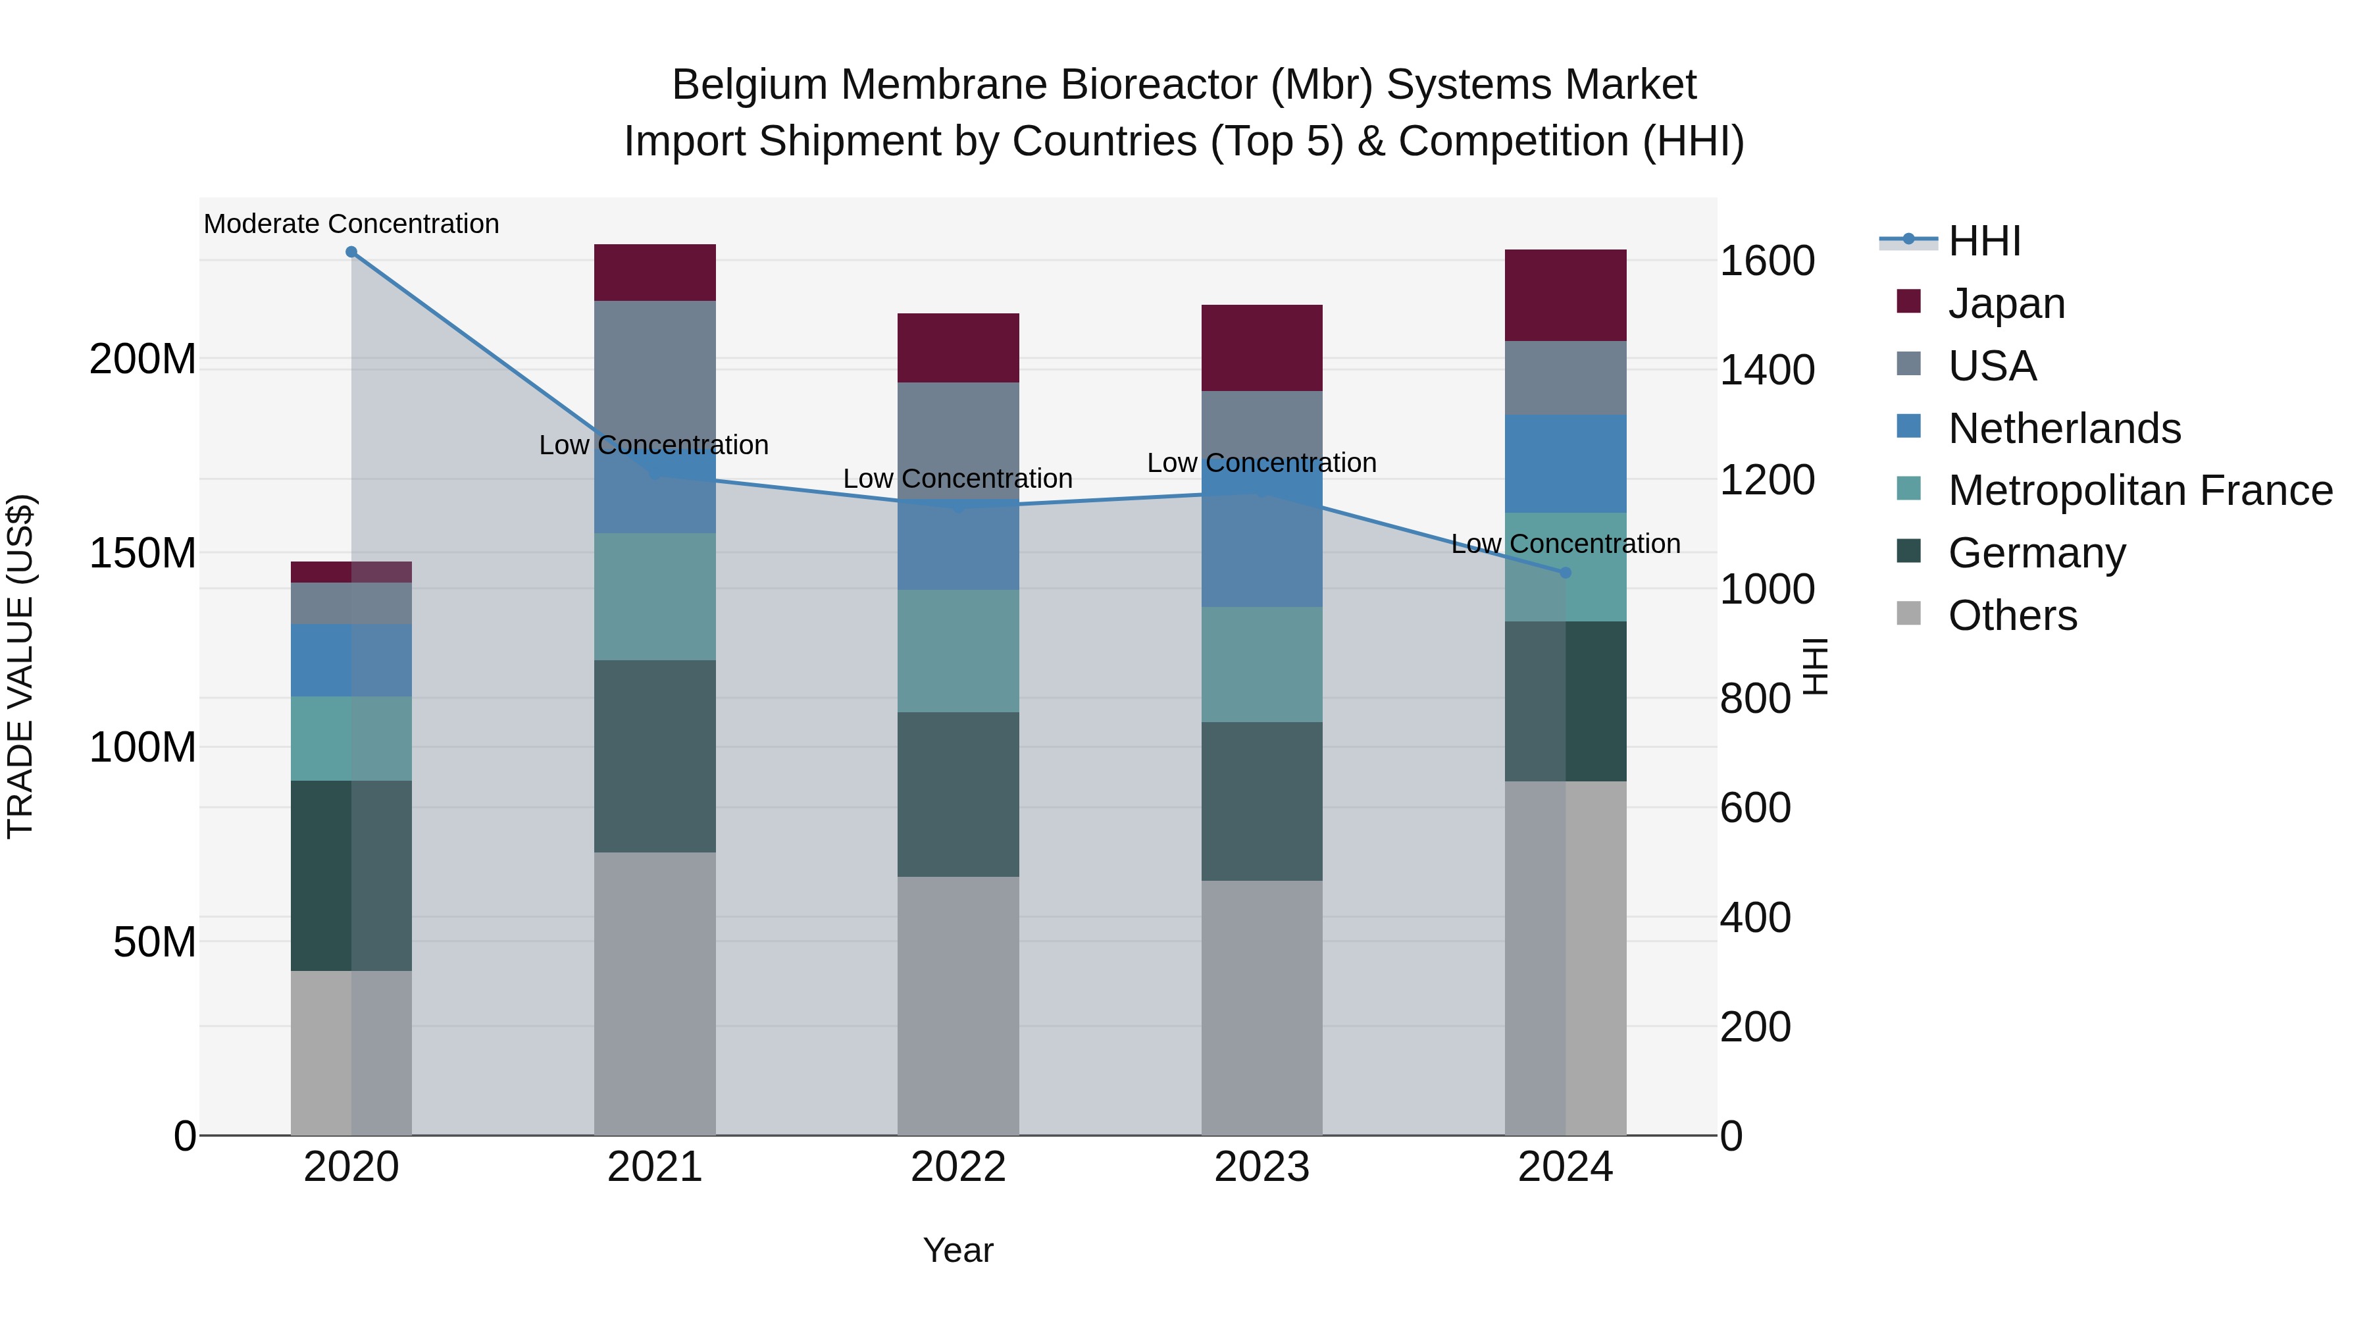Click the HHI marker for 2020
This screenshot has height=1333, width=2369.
click(x=351, y=252)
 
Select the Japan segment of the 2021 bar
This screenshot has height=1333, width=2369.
click(x=655, y=273)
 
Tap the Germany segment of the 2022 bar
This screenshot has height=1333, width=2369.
click(x=958, y=794)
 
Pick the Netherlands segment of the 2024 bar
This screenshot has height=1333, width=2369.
click(x=1566, y=463)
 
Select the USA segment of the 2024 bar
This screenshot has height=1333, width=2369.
click(x=1566, y=378)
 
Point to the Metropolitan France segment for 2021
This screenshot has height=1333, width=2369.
click(x=655, y=596)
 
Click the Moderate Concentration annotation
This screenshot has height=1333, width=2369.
click(x=351, y=224)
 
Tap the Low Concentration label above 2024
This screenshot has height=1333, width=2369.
click(x=1566, y=544)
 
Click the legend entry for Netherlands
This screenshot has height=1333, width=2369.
click(x=2064, y=429)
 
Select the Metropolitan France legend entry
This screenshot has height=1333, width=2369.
click(x=2139, y=490)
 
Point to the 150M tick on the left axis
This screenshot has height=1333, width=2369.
click(x=143, y=553)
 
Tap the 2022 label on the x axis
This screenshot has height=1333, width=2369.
click(x=958, y=1167)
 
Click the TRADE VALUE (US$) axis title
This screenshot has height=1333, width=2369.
click(x=20, y=666)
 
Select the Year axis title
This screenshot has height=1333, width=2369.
click(x=958, y=1250)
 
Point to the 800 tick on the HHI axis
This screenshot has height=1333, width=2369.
click(x=1754, y=698)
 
